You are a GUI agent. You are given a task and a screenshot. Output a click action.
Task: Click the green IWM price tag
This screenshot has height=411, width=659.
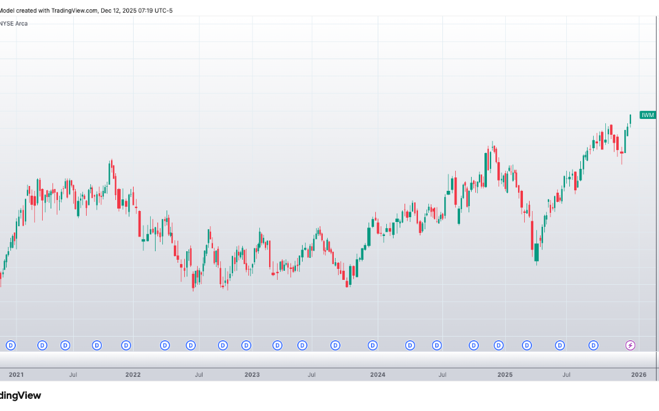647,115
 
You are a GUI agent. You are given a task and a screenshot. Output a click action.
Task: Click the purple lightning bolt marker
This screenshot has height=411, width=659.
630,346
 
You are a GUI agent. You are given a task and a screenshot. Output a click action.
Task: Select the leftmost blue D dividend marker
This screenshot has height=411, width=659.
10,346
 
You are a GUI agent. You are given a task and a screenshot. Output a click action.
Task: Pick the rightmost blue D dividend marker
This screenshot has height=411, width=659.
593,346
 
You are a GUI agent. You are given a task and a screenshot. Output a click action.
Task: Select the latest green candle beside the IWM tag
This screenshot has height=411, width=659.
630,119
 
